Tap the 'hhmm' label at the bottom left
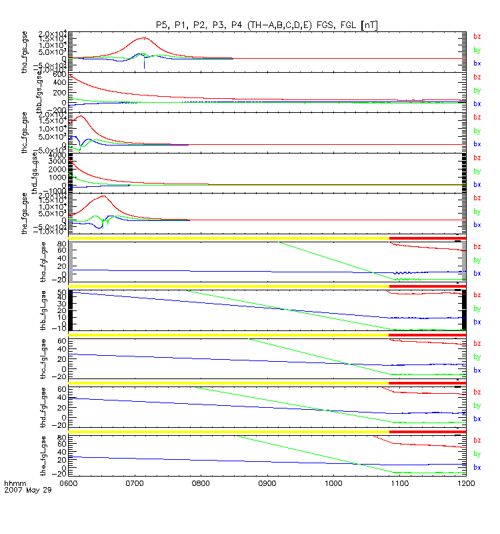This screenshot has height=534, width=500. pos(13,482)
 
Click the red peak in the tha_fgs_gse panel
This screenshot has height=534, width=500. pos(144,38)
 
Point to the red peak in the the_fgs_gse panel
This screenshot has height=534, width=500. pos(103,196)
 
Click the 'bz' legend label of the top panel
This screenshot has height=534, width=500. pos(477,37)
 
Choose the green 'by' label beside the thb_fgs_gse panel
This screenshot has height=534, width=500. pos(477,90)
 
